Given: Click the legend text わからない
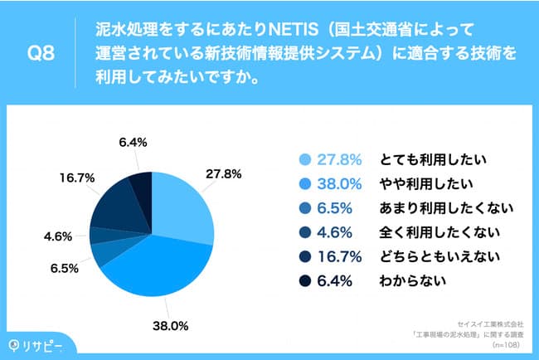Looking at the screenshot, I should (x=414, y=280).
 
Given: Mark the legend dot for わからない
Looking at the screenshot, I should (x=302, y=280).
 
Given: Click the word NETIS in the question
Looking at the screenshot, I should (x=295, y=32).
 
